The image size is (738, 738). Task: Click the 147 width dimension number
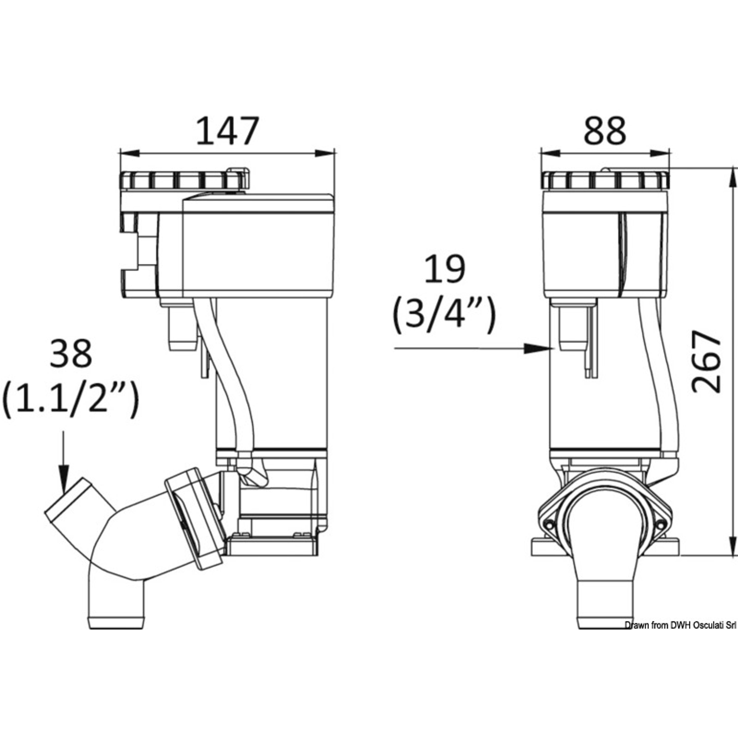point(228,131)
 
